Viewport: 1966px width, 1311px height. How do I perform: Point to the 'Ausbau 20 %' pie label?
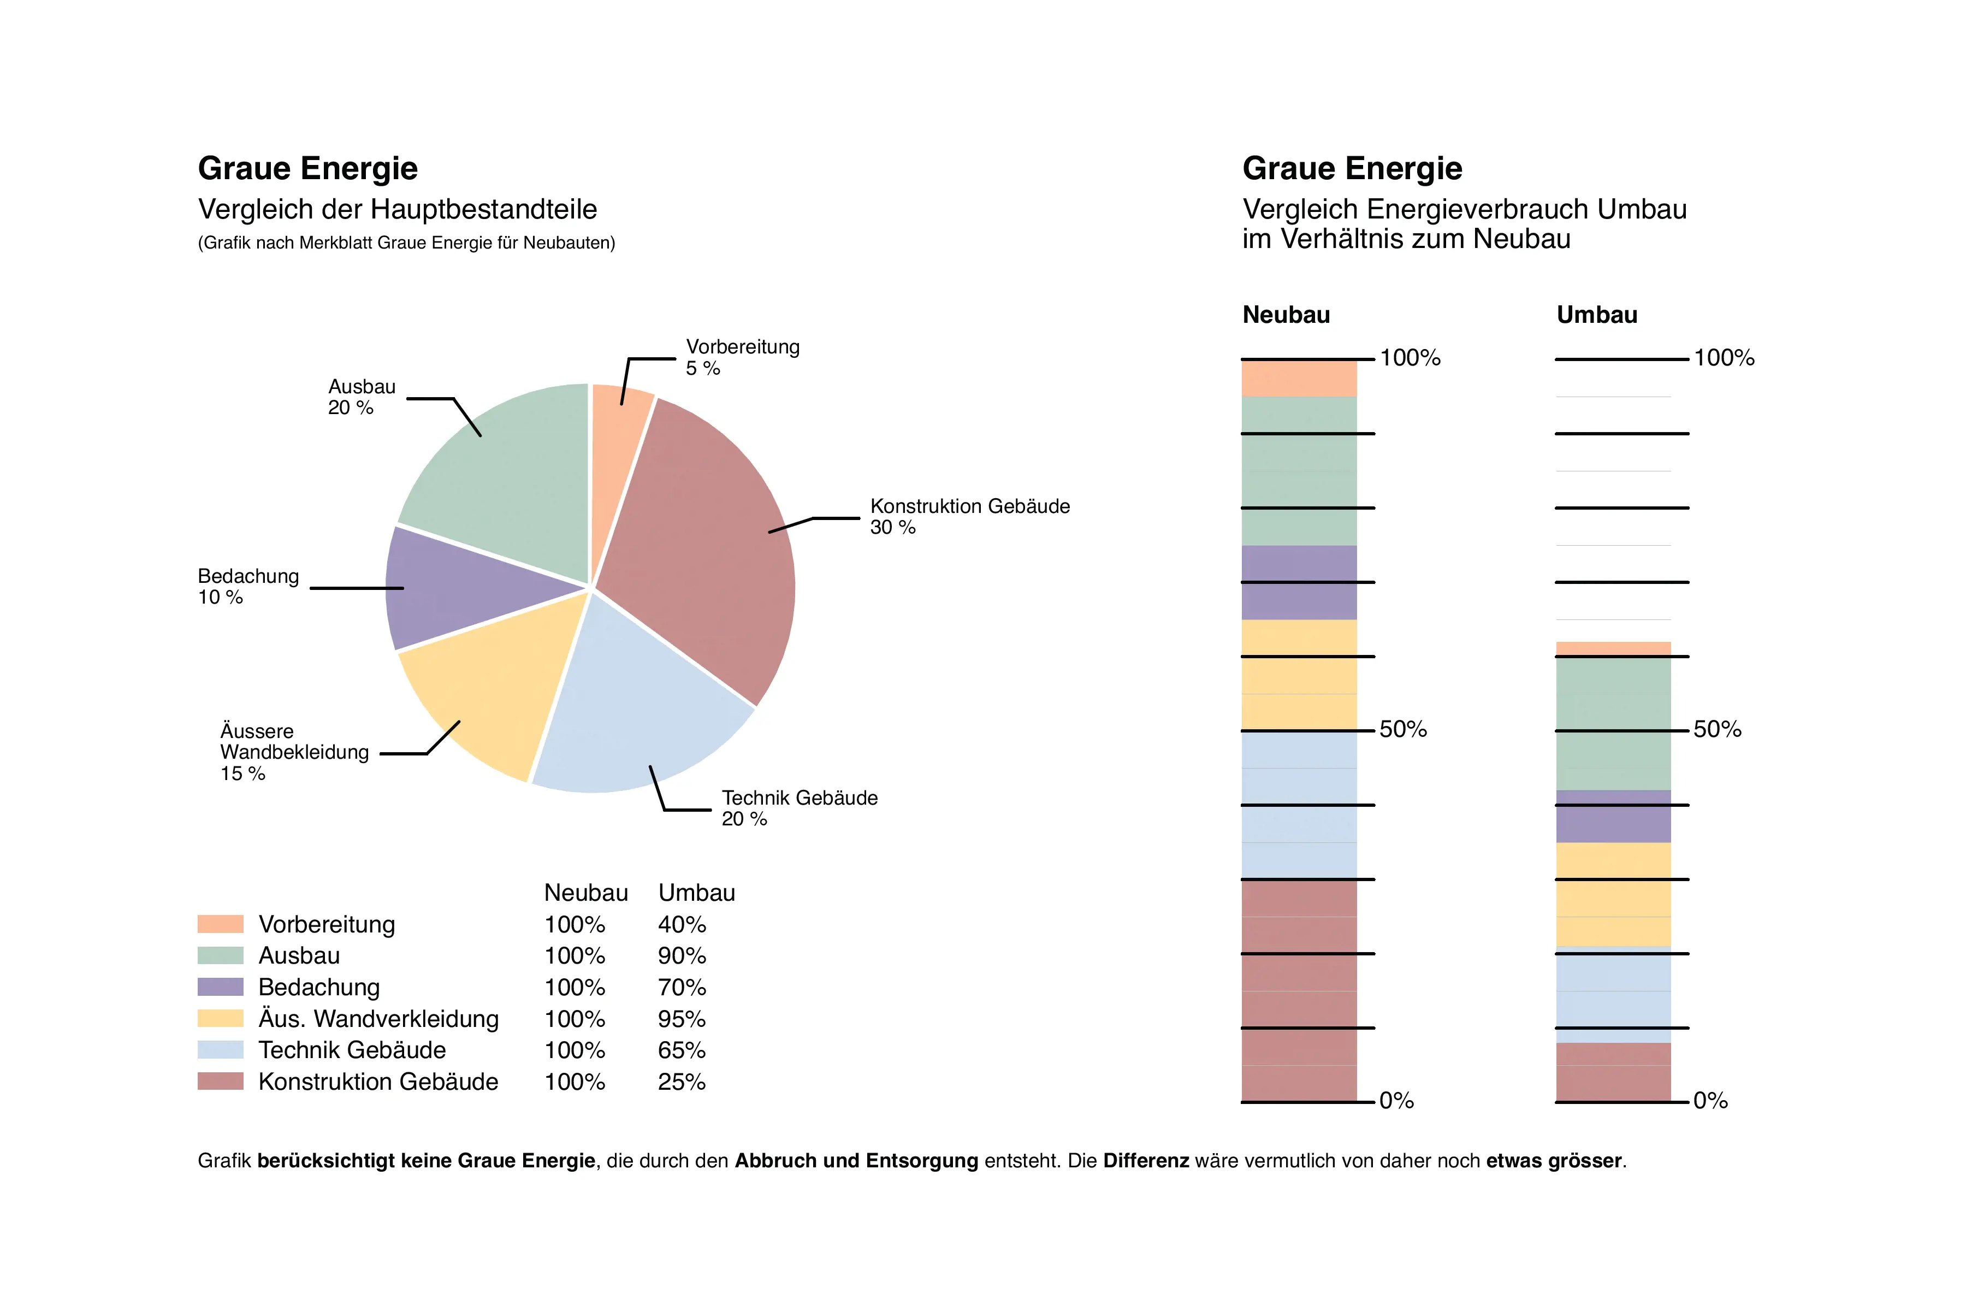click(x=361, y=397)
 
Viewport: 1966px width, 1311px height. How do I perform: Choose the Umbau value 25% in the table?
click(x=681, y=1082)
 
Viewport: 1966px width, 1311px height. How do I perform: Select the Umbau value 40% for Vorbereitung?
click(x=681, y=925)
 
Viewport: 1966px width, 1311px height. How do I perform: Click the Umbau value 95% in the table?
click(x=681, y=1019)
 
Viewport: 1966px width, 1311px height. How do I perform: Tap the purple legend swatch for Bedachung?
click(x=220, y=988)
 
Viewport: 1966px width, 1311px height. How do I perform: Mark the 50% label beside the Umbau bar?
click(x=1717, y=729)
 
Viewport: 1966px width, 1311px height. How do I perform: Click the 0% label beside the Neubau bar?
click(x=1396, y=1101)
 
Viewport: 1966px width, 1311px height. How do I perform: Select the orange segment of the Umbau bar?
click(x=1613, y=649)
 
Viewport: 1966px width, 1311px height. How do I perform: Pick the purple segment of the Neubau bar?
click(x=1299, y=583)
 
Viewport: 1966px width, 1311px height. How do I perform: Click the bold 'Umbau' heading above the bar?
click(x=1596, y=315)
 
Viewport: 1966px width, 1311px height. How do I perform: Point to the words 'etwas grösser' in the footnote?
click(x=1553, y=1161)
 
